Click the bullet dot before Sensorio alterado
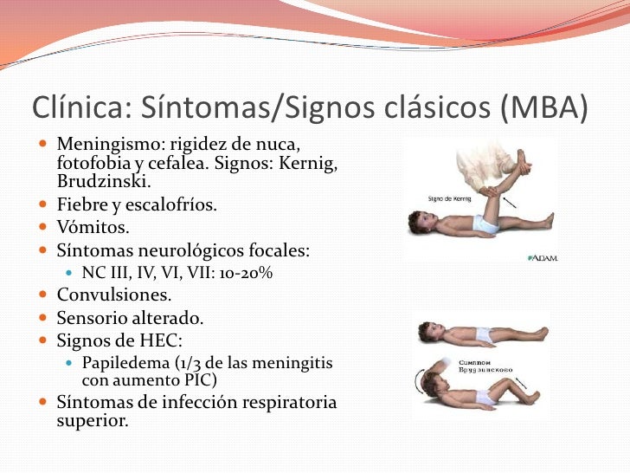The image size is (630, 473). click(44, 319)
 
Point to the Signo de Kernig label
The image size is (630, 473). click(450, 198)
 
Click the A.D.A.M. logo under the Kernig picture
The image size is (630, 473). click(541, 257)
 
